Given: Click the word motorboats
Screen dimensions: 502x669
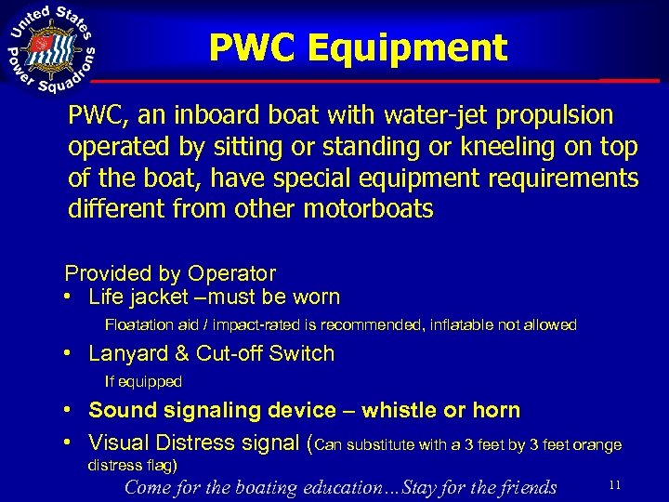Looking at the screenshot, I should [x=368, y=208].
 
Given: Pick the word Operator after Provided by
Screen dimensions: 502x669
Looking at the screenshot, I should [x=231, y=274].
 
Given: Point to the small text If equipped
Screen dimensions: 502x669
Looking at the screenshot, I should [x=143, y=381].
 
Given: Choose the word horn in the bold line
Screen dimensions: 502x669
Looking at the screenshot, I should [x=497, y=410].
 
